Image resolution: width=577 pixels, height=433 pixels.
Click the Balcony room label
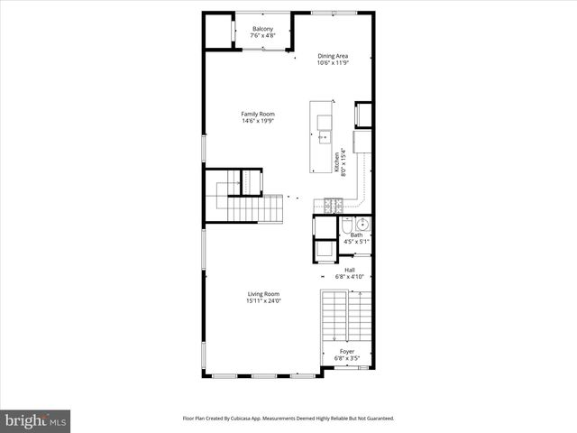pyautogui.click(x=262, y=30)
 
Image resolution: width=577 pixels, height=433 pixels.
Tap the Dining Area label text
pyautogui.click(x=333, y=56)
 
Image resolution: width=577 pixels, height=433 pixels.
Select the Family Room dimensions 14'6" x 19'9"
pyautogui.click(x=257, y=121)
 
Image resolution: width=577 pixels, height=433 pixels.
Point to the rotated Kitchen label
pyautogui.click(x=337, y=162)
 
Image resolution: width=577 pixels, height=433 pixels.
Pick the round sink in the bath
pyautogui.click(x=362, y=225)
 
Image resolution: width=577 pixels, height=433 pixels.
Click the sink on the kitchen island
pyautogui.click(x=325, y=137)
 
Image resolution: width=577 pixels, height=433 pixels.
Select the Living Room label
pyautogui.click(x=264, y=293)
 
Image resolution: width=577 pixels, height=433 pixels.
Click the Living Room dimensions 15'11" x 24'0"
pyautogui.click(x=264, y=300)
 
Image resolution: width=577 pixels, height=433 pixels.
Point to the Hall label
pyautogui.click(x=349, y=270)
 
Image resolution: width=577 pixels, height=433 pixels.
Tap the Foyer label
pyautogui.click(x=347, y=351)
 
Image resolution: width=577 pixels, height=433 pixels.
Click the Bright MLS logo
pyautogui.click(x=36, y=420)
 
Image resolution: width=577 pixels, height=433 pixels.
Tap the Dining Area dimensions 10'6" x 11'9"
pyautogui.click(x=333, y=63)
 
